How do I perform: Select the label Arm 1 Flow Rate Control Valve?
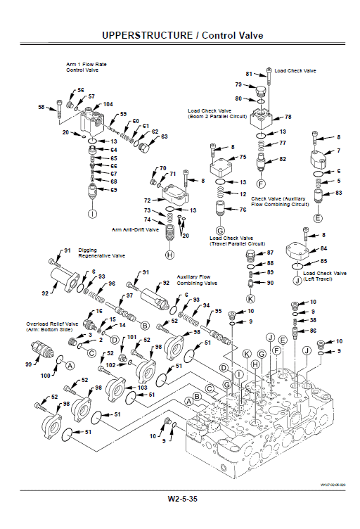[x=86, y=68]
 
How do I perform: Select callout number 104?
[x=108, y=104]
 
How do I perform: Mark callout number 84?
[x=324, y=248]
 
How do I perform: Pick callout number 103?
[x=143, y=388]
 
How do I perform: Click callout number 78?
[x=288, y=117]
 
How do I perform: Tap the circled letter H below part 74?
[x=169, y=255]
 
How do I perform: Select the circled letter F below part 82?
[x=261, y=184]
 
